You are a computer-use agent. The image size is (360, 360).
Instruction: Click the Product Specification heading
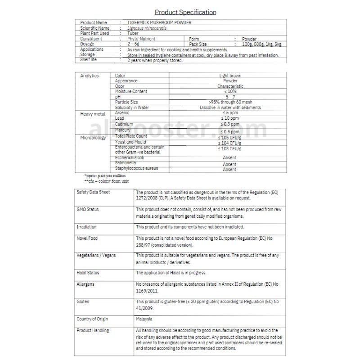coord(185,12)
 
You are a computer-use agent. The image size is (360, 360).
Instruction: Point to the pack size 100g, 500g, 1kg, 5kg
coord(261,45)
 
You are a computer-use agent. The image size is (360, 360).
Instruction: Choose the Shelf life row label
coord(88,60)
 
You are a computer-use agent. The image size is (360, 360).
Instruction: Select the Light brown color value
coord(230,76)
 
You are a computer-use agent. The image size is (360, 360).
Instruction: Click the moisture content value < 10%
coord(230,91)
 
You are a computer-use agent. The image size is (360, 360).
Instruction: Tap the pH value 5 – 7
coord(230,97)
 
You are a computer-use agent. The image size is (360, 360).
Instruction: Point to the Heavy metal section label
coord(93,115)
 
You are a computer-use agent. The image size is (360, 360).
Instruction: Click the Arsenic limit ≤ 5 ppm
coord(230,112)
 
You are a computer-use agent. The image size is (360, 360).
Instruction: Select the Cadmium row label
coord(124,124)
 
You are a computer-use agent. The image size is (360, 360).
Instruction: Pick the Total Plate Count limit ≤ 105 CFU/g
coord(230,136)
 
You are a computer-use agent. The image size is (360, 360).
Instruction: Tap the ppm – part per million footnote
coord(105,175)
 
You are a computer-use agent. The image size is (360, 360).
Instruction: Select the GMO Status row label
coord(88,210)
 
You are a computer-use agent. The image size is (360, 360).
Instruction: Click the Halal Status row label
coord(88,273)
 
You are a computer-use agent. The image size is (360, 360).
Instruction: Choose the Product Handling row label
coord(93,331)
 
